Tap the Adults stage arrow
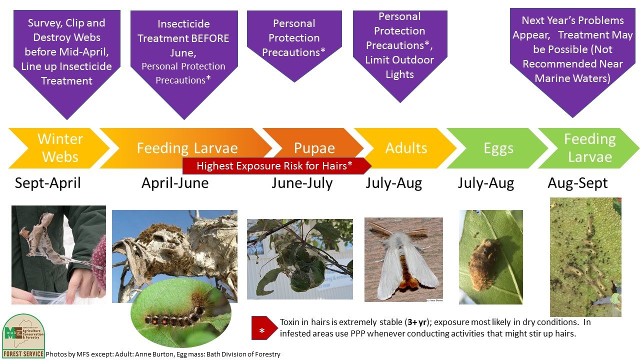click(x=405, y=148)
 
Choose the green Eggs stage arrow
click(x=497, y=148)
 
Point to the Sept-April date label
click(x=47, y=183)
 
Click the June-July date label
click(x=302, y=183)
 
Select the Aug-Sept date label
click(x=577, y=183)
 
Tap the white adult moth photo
click(x=403, y=259)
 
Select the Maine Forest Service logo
click(x=23, y=335)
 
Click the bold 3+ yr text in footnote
click(x=417, y=322)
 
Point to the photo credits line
click(x=163, y=354)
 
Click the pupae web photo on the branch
click(x=299, y=259)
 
